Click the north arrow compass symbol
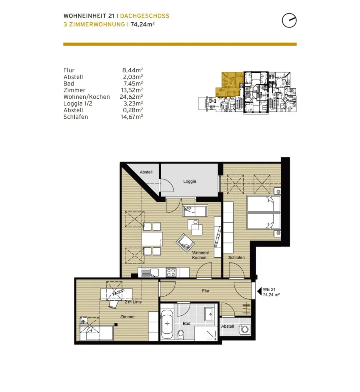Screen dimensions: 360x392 [289, 20]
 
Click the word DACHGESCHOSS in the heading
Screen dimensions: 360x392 [145, 16]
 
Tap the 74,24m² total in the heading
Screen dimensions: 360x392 [142, 24]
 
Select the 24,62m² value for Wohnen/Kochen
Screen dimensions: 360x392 [131, 97]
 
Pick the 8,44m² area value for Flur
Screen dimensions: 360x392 [132, 70]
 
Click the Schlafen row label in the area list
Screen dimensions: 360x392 [76, 117]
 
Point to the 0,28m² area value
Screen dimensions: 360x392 [132, 110]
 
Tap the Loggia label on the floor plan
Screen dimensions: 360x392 [189, 181]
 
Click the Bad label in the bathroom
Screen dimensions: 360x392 [186, 323]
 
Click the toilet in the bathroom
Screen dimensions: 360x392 [181, 334]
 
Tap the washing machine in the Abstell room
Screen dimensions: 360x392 [245, 329]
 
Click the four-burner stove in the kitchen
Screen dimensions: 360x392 [171, 272]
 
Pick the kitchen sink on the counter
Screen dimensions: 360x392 [150, 272]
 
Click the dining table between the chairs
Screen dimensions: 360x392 [152, 239]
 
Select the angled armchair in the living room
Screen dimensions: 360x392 [185, 243]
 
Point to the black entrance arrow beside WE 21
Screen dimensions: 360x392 [259, 291]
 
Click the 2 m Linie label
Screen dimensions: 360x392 [133, 302]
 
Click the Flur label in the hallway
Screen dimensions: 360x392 [206, 291]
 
